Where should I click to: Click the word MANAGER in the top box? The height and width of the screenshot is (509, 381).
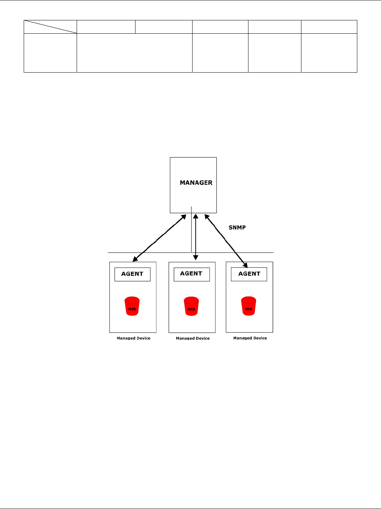coord(196,183)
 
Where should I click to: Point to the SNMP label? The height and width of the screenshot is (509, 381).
coord(237,227)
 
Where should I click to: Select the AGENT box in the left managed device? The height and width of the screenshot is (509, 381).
coord(132,274)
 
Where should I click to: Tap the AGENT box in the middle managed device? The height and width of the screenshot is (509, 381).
coord(191,274)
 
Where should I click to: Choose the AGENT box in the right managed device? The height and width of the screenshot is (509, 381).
coord(249,274)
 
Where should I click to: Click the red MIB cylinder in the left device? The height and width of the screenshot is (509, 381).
coord(132,306)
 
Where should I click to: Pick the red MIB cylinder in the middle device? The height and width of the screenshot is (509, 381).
coord(191,306)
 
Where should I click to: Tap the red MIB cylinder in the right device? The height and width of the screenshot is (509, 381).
coord(248,306)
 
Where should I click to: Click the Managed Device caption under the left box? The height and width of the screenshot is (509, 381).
coord(133,338)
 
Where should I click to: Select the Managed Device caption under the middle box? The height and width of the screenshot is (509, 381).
coord(193,338)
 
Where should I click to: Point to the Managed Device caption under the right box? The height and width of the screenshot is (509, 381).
coord(250,338)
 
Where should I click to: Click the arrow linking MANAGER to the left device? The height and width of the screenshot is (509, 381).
coord(159,237)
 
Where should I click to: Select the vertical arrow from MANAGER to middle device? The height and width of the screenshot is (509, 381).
coord(196,237)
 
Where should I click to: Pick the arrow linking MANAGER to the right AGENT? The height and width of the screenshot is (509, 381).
coord(226,240)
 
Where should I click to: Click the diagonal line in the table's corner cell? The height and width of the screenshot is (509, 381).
coord(50,27)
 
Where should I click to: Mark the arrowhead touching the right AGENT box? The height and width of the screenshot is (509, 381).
coord(245,265)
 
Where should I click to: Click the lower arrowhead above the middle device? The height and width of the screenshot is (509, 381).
coord(196,258)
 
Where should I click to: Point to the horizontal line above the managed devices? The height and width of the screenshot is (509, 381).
coord(148,253)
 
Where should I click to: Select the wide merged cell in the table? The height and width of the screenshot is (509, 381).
coord(134,53)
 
